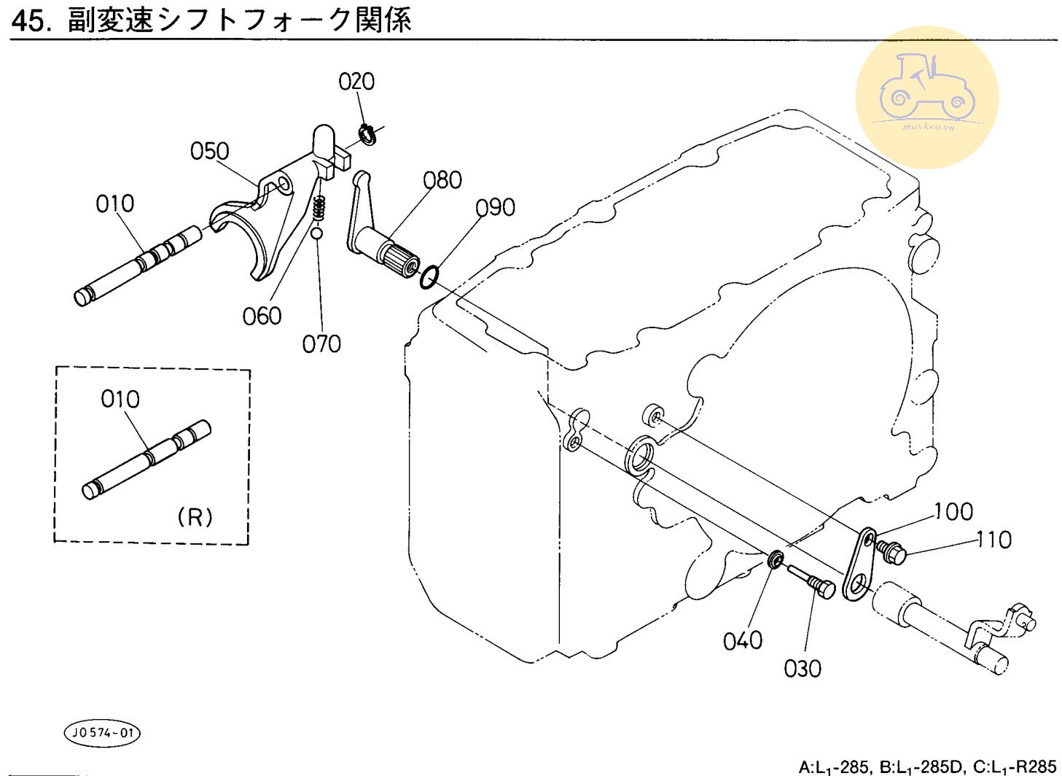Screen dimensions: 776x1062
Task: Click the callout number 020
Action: [x=356, y=81]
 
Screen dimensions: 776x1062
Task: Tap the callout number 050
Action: [x=209, y=151]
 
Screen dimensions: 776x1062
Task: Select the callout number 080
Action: [x=442, y=180]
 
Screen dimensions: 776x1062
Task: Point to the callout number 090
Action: [x=496, y=208]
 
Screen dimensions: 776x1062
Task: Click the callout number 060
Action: [x=262, y=316]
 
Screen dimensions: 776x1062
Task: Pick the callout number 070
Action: [x=321, y=344]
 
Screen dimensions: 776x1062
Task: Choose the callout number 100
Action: [x=953, y=512]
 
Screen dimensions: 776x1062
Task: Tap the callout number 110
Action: [x=993, y=540]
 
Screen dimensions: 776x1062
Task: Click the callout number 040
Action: [x=743, y=640]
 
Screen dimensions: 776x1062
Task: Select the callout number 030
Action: [x=803, y=668]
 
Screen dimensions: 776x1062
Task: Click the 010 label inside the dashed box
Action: [x=120, y=399]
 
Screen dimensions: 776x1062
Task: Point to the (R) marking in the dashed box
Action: [x=195, y=517]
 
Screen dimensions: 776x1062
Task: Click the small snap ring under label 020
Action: [x=367, y=134]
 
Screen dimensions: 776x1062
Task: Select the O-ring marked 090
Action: [x=429, y=276]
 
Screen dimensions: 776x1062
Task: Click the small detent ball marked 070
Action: [x=316, y=233]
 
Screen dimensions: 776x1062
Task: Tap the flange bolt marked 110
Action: [x=891, y=552]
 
